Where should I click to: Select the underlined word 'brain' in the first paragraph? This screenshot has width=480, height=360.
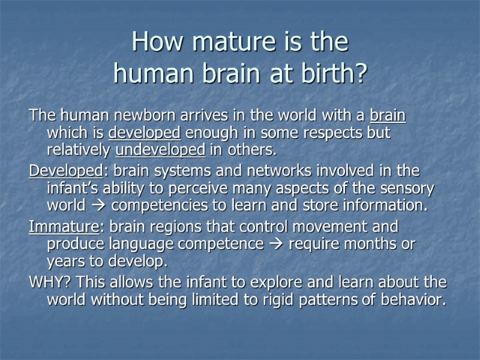pyautogui.click(x=388, y=115)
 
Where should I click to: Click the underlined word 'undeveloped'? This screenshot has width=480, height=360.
pyautogui.click(x=160, y=149)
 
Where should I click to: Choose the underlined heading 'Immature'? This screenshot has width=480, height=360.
pyautogui.click(x=63, y=227)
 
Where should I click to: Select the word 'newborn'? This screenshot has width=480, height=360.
pyautogui.click(x=134, y=115)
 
